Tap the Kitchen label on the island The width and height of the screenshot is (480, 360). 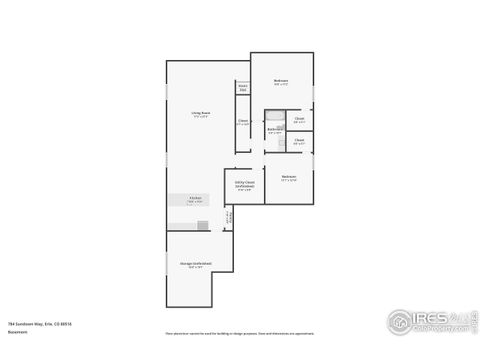[x=195, y=198]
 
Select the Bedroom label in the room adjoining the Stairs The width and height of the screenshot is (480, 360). [x=281, y=81]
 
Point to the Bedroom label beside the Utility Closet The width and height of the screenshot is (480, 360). [x=289, y=177]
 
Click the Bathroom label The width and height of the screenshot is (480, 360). [x=273, y=129]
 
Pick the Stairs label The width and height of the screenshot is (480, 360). [x=242, y=87]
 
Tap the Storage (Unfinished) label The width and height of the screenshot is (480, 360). [x=190, y=264]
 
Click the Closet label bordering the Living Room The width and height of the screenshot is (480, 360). [x=242, y=121]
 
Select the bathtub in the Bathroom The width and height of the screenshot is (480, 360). [x=275, y=116]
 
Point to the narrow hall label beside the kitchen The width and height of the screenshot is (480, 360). [x=227, y=215]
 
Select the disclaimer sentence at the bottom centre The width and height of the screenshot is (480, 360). [x=239, y=331]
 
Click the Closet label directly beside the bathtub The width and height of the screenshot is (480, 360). [x=299, y=120]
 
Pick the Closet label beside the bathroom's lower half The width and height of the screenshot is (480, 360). [x=299, y=142]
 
